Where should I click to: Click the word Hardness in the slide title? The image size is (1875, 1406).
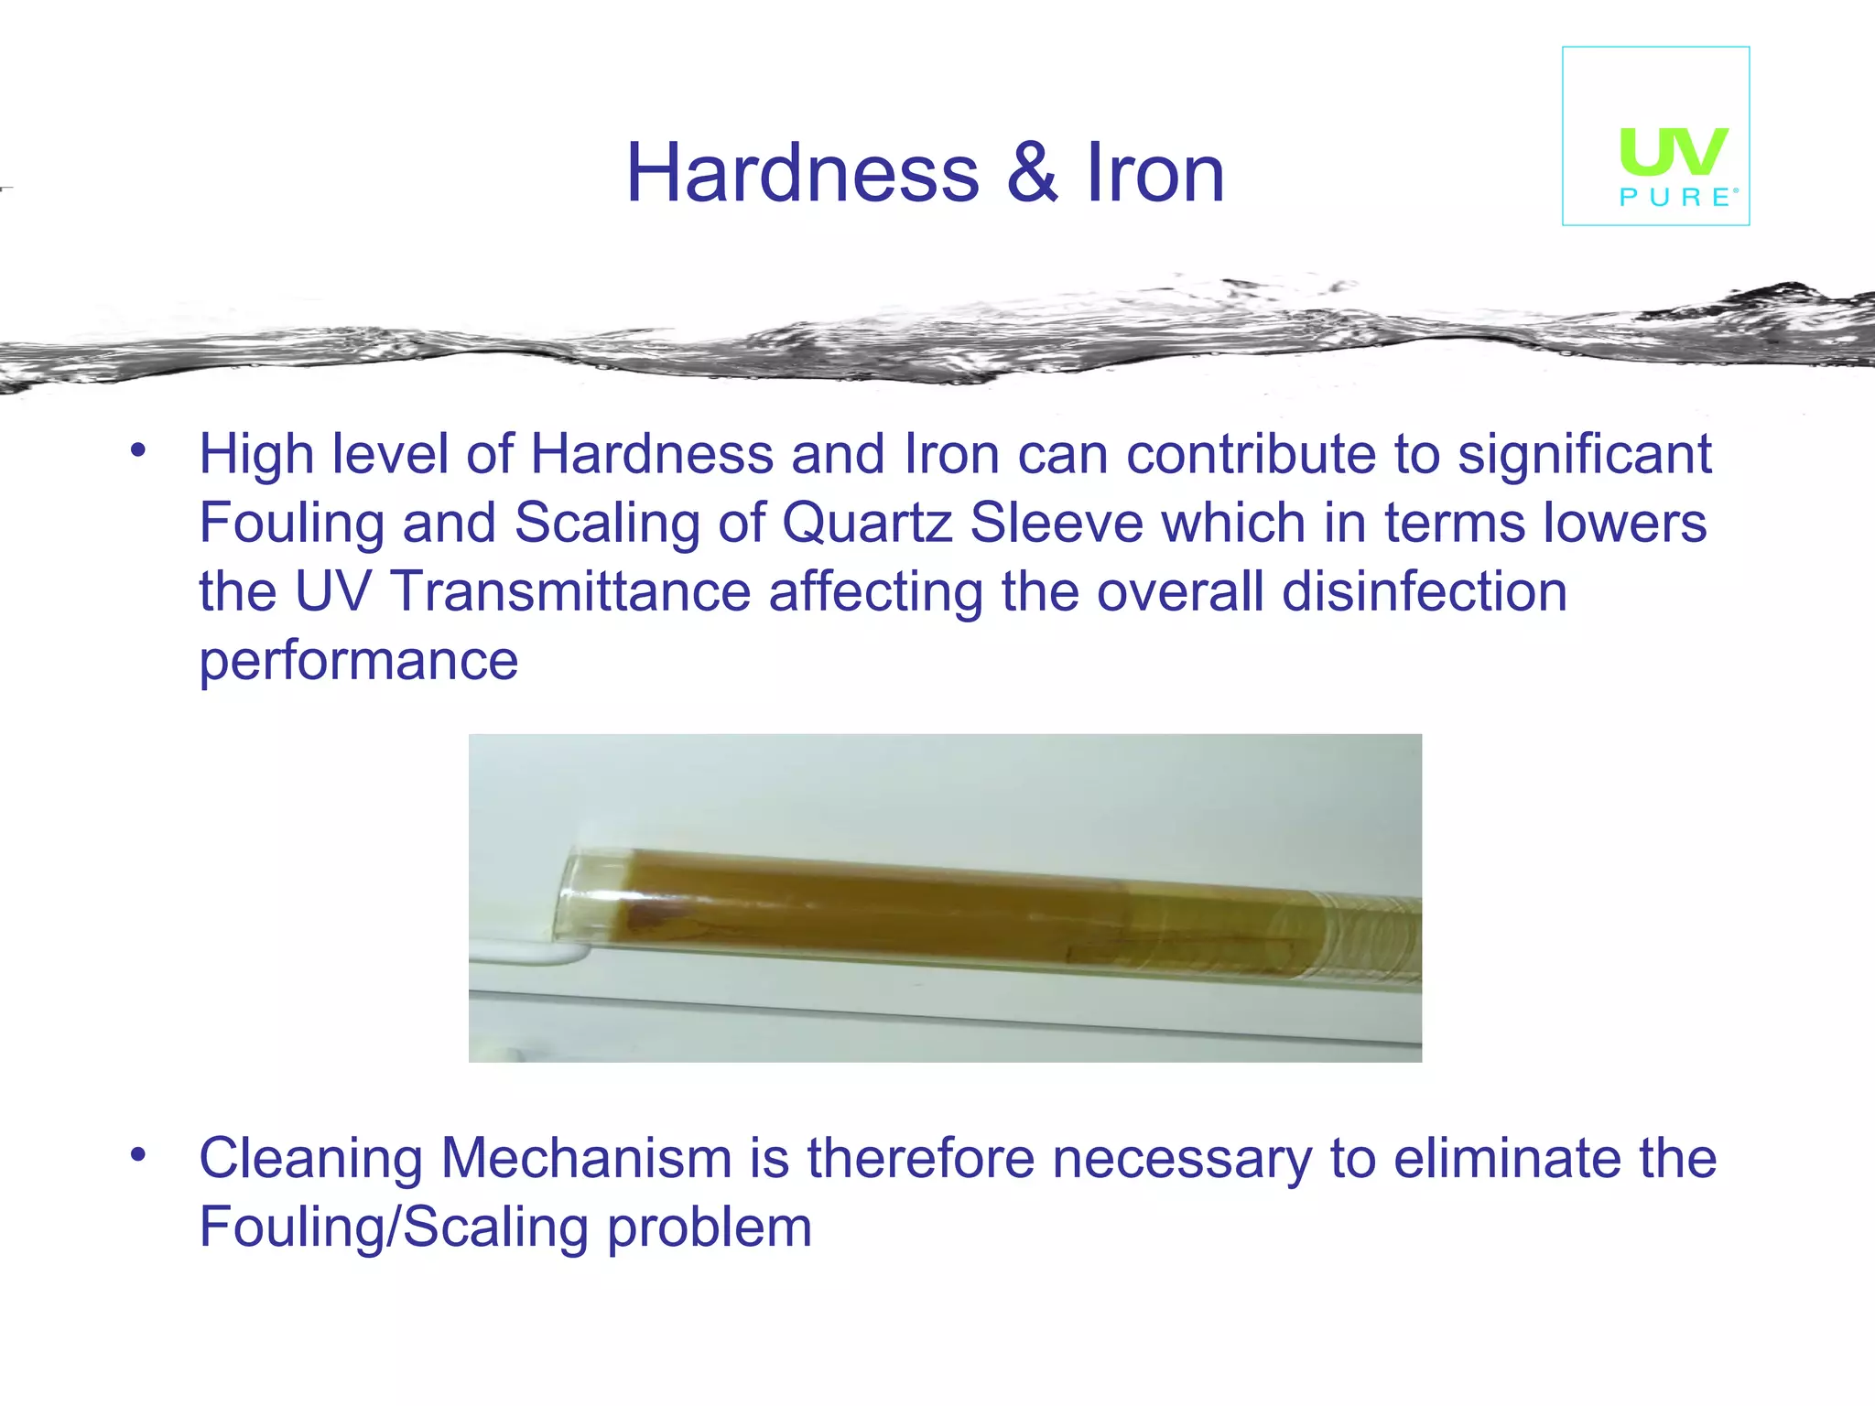pyautogui.click(x=802, y=174)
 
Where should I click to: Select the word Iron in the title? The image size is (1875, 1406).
pyautogui.click(x=1154, y=174)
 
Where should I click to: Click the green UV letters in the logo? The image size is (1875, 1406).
pyautogui.click(x=1674, y=151)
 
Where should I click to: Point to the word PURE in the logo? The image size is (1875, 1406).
pyautogui.click(x=1675, y=198)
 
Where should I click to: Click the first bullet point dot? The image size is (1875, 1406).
pyautogui.click(x=138, y=449)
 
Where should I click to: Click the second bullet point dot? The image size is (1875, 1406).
pyautogui.click(x=138, y=1153)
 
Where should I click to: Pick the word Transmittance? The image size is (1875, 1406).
pyautogui.click(x=571, y=592)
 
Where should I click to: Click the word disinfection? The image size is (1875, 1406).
pyautogui.click(x=1425, y=592)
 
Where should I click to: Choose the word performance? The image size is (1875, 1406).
pyautogui.click(x=359, y=661)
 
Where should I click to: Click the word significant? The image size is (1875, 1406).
pyautogui.click(x=1584, y=455)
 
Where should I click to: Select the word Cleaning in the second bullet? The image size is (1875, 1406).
pyautogui.click(x=311, y=1159)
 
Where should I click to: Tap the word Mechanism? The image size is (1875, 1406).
pyautogui.click(x=587, y=1159)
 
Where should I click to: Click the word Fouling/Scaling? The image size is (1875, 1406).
pyautogui.click(x=394, y=1228)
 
